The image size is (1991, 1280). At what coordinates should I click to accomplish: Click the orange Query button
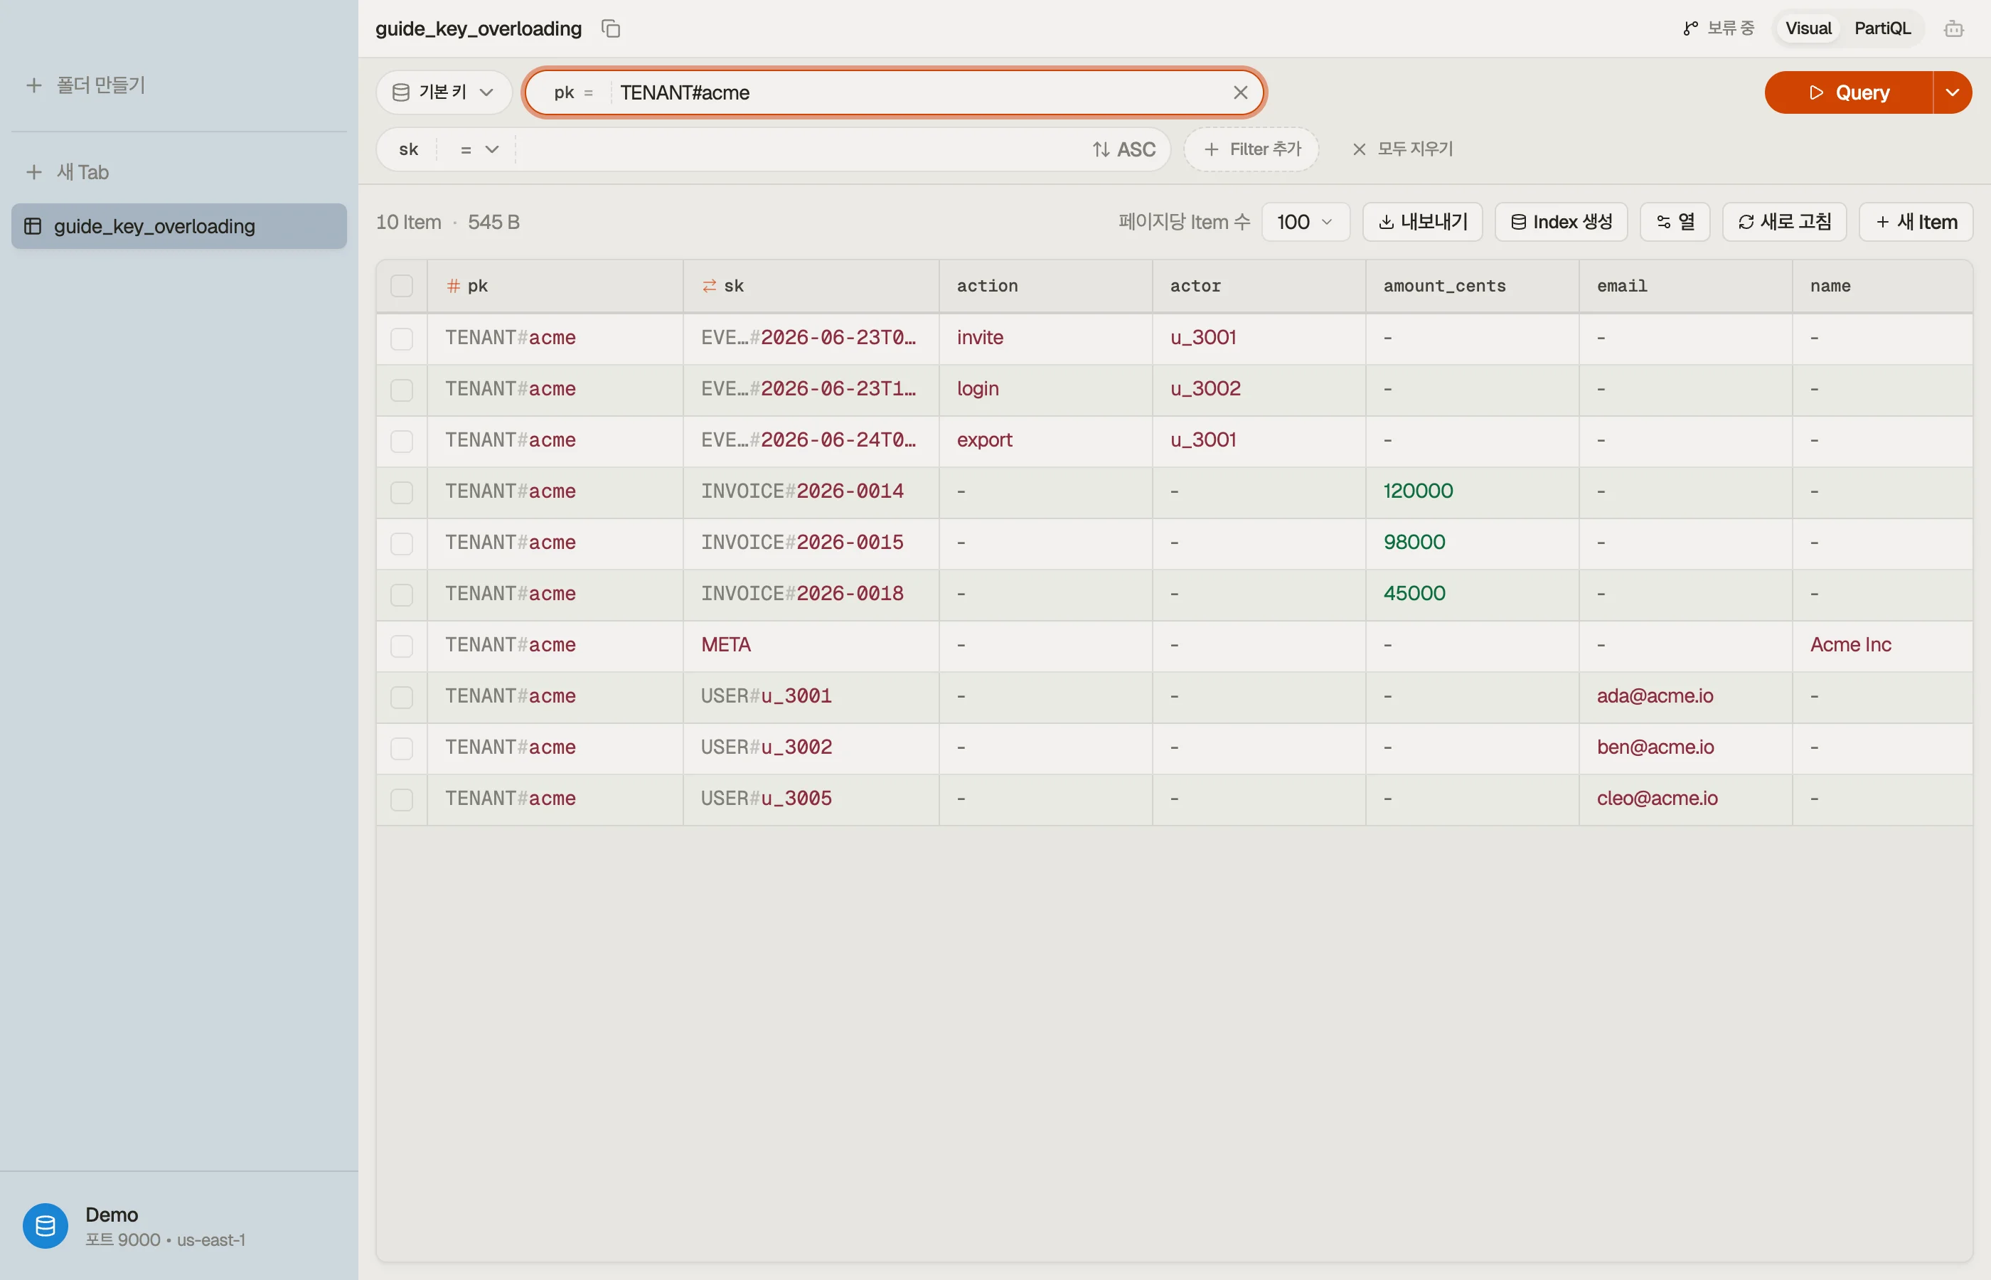pos(1848,92)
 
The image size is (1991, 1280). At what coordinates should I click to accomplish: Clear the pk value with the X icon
pos(1240,92)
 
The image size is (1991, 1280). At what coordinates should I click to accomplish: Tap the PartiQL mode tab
pos(1882,28)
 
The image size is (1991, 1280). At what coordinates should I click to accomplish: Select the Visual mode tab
pos(1808,28)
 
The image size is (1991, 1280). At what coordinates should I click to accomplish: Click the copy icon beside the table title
pos(611,28)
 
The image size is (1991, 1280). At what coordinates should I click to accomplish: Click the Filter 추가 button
pos(1251,149)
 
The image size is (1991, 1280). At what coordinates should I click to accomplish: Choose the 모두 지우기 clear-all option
pos(1403,149)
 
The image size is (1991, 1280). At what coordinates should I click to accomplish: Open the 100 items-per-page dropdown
pos(1305,222)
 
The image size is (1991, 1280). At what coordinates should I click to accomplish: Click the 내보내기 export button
pos(1423,222)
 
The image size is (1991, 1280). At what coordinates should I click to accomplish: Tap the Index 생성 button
pos(1561,222)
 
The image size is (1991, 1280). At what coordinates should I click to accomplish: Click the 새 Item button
pos(1916,222)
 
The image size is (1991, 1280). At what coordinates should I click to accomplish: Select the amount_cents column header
pos(1444,286)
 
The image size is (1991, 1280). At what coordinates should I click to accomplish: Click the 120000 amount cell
pos(1418,491)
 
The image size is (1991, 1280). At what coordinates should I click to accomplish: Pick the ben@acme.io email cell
pos(1655,747)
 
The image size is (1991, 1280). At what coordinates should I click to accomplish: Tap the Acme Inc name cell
pos(1851,645)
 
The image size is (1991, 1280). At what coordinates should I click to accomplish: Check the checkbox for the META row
pos(401,646)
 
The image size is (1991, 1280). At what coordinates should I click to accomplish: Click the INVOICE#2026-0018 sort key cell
pos(802,594)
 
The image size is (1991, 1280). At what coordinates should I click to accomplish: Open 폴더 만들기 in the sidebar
pos(87,85)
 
